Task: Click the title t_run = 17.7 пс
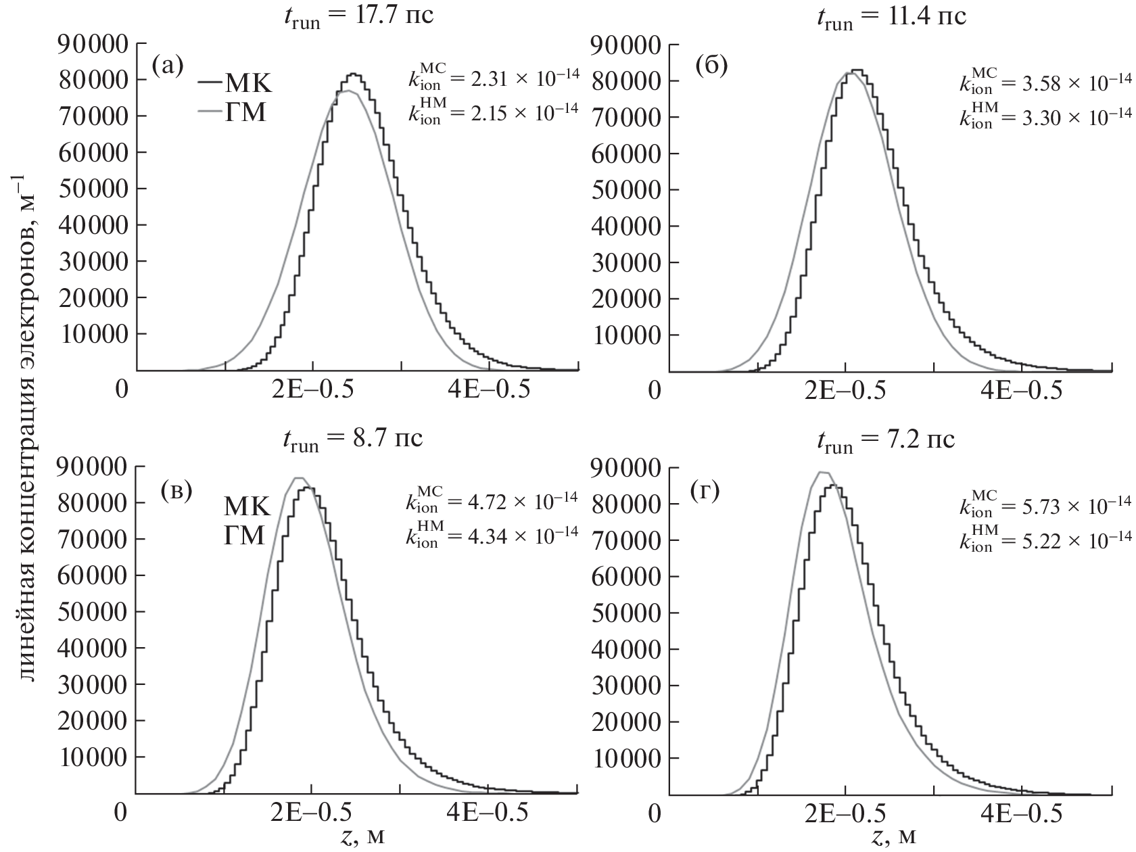(358, 15)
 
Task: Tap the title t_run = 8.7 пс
(352, 437)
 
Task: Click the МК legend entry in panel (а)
(235, 84)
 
